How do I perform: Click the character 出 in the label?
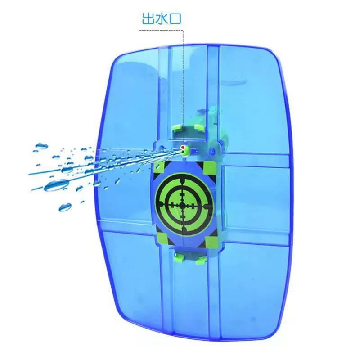click(x=148, y=18)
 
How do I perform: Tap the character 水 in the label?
click(x=162, y=18)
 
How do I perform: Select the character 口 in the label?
click(x=175, y=19)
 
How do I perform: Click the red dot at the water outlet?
click(x=183, y=147)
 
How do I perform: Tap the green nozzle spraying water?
click(x=184, y=150)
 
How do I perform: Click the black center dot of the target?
click(x=182, y=206)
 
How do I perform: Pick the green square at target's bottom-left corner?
click(x=162, y=237)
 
